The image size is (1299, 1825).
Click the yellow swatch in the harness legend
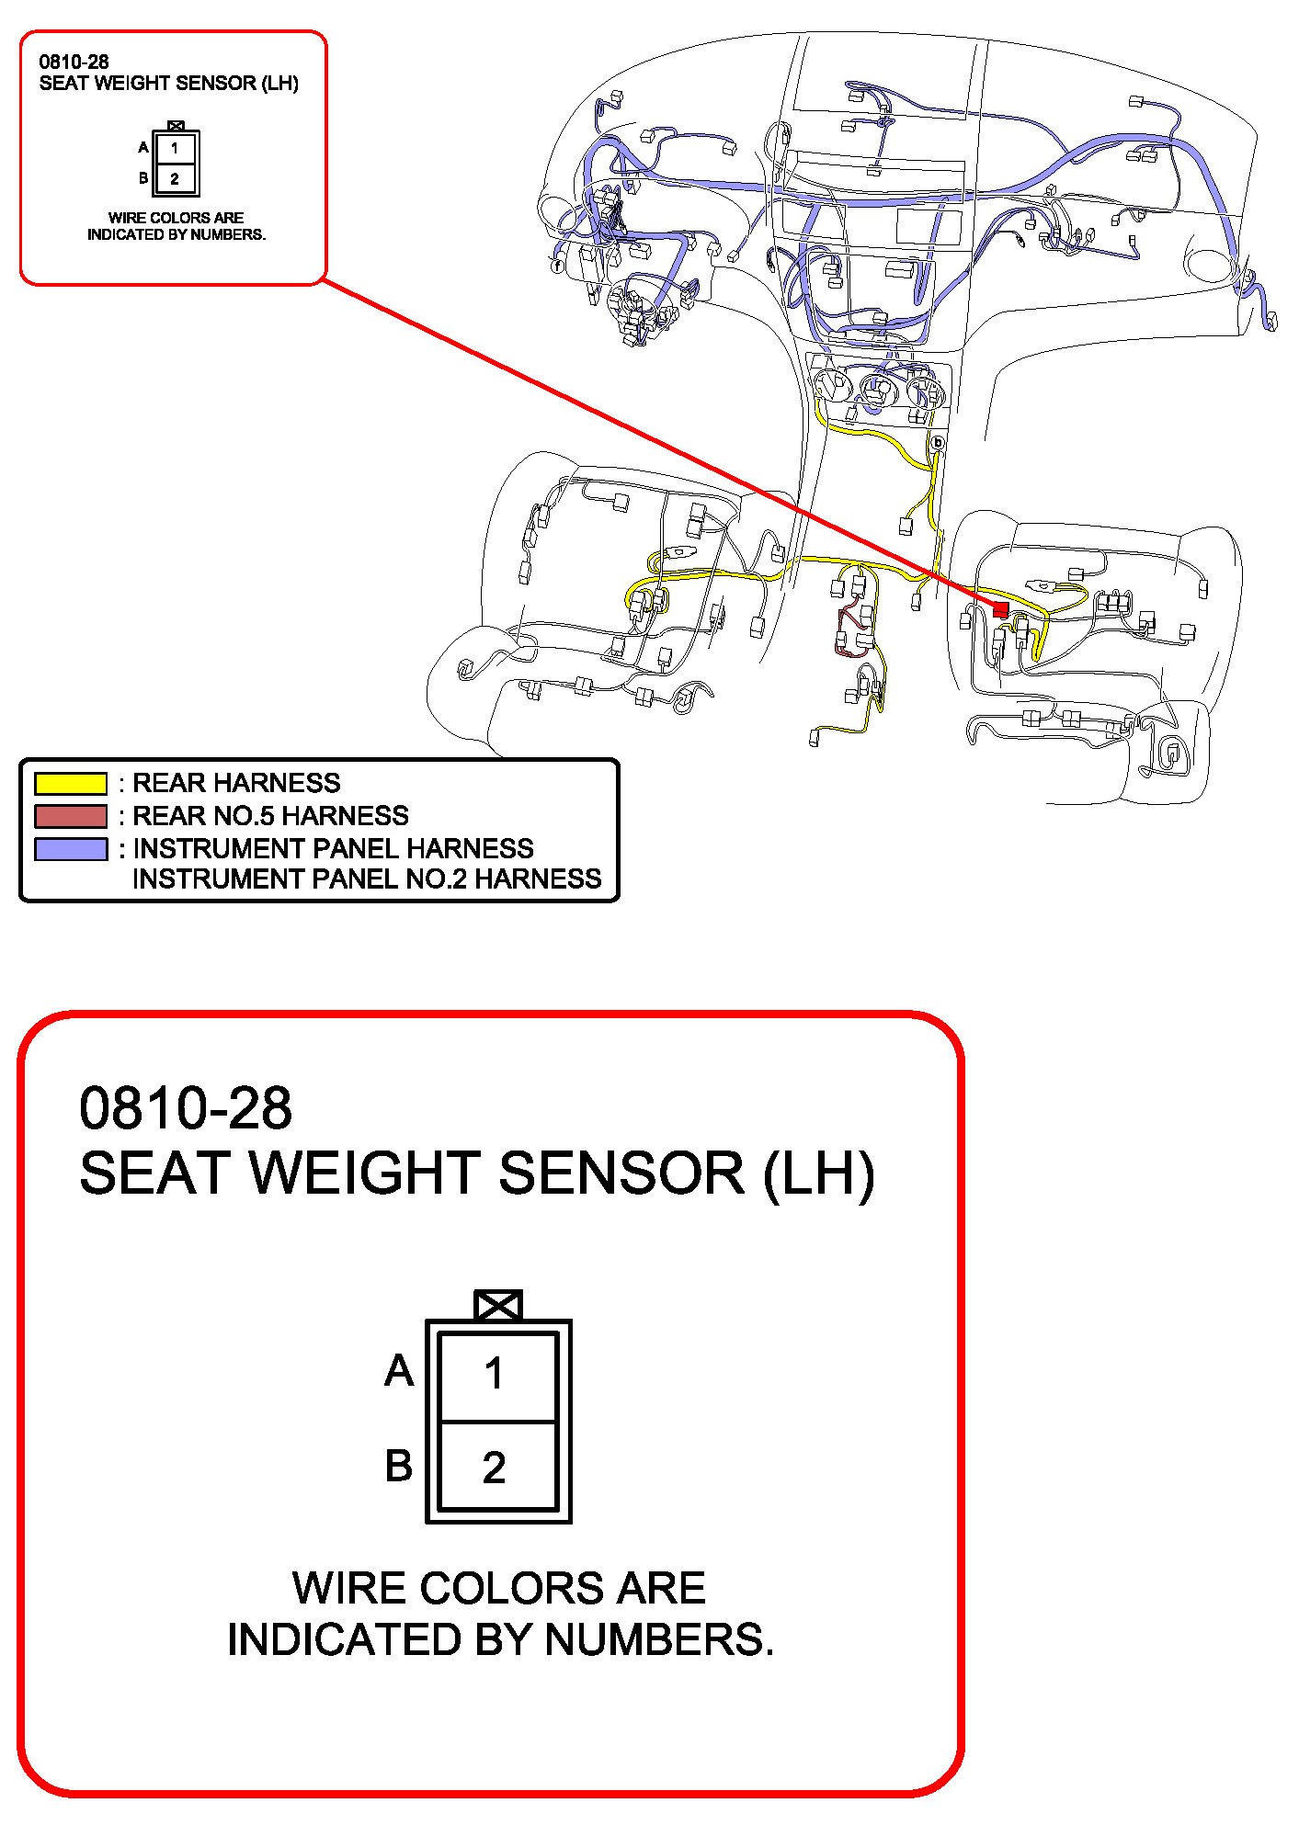pyautogui.click(x=71, y=784)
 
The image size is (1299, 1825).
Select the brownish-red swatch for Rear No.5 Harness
pyautogui.click(x=71, y=816)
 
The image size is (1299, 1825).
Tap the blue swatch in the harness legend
pyautogui.click(x=71, y=848)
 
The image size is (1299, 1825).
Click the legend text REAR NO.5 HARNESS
pyautogui.click(x=270, y=816)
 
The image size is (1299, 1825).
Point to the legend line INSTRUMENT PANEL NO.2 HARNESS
pyautogui.click(x=367, y=879)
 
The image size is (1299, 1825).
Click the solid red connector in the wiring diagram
pyautogui.click(x=1001, y=608)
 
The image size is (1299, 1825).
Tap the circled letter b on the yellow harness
pyautogui.click(x=938, y=443)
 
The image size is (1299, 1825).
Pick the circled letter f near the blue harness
pyautogui.click(x=556, y=266)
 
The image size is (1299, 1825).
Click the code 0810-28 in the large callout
pyautogui.click(x=186, y=1108)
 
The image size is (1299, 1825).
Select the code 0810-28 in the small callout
pyautogui.click(x=74, y=62)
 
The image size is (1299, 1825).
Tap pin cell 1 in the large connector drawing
pyautogui.click(x=496, y=1375)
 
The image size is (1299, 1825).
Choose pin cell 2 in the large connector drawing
pyautogui.click(x=496, y=1468)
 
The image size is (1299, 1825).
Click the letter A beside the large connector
pyautogui.click(x=399, y=1371)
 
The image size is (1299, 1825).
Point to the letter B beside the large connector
pyautogui.click(x=399, y=1466)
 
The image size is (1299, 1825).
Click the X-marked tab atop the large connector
pyautogui.click(x=498, y=1305)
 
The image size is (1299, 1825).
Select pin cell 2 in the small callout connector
pyautogui.click(x=175, y=179)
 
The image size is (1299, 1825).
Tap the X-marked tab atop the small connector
pyautogui.click(x=177, y=126)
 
